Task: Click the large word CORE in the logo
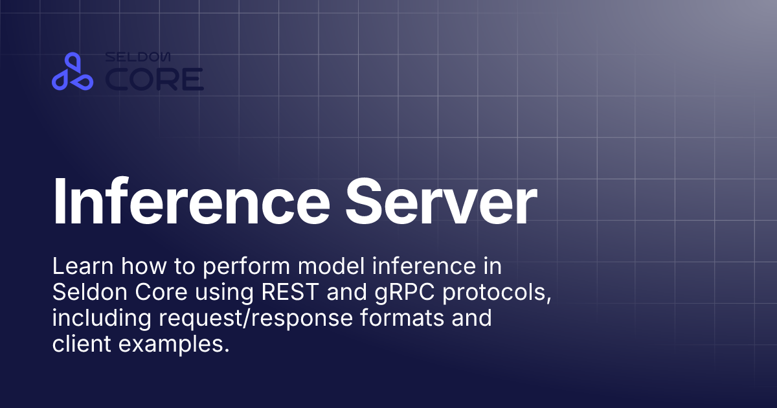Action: (x=155, y=80)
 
